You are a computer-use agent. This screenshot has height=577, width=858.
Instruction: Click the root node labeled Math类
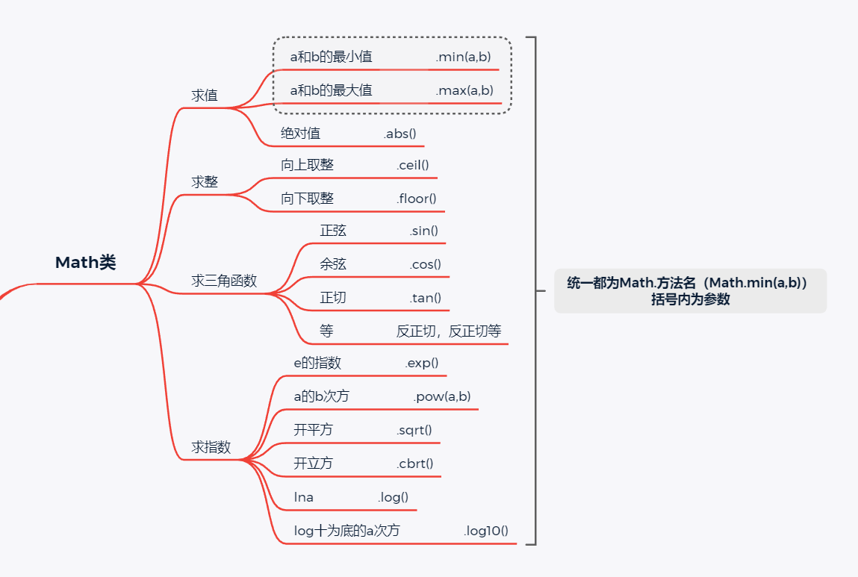[x=86, y=263]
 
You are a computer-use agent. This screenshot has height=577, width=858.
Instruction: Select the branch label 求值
[x=205, y=96]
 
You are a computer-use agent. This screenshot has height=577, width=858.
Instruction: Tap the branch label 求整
[x=205, y=182]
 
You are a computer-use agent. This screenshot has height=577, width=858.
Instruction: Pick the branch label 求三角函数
[x=224, y=281]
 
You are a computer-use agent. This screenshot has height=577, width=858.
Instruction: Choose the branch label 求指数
[x=211, y=447]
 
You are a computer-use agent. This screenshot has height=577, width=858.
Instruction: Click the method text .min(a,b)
[x=464, y=57]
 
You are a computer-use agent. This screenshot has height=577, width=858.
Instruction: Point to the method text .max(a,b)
[x=464, y=90]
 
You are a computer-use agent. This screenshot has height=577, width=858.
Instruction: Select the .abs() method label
[x=400, y=134]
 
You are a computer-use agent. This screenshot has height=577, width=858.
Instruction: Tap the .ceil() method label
[x=413, y=165]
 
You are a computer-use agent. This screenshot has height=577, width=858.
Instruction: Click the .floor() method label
[x=416, y=199]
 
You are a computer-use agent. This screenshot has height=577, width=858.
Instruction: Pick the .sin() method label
[x=423, y=231]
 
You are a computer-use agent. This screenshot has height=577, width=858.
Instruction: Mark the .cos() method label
[x=425, y=264]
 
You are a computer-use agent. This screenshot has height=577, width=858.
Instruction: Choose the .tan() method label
[x=425, y=298]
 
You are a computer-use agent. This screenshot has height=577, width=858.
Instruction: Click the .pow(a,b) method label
[x=442, y=396]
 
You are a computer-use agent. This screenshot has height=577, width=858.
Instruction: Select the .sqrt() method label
[x=414, y=430]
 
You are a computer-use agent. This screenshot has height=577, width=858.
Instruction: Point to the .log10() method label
[x=486, y=531]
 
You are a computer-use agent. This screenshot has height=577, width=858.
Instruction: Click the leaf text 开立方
[x=313, y=464]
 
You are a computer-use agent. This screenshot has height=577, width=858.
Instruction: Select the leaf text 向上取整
[x=307, y=165]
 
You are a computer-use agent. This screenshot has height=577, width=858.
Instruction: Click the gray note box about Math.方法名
[x=690, y=291]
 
